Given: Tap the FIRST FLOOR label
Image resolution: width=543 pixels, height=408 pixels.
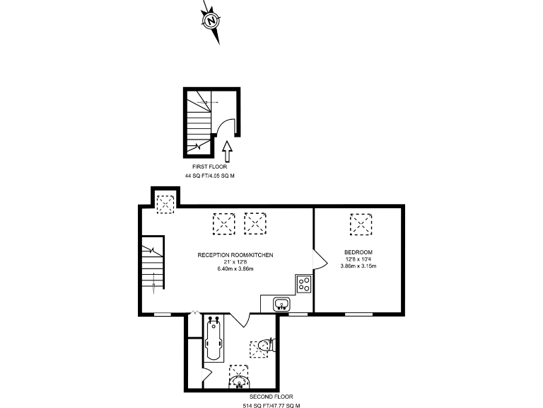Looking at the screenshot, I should (214, 166).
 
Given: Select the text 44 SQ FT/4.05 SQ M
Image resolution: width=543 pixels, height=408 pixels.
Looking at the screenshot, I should (214, 175).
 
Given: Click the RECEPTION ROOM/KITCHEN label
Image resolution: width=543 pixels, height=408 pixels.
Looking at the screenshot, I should (235, 254).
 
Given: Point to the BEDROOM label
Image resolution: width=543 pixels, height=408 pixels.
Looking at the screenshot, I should (358, 252).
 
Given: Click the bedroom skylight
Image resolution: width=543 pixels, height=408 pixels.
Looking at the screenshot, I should (361, 224).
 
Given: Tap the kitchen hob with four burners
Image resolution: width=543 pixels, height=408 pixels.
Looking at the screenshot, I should (305, 284).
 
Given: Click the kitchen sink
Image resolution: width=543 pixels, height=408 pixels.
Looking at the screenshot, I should (281, 305).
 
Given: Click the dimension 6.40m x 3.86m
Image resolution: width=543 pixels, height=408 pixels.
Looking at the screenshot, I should (235, 268).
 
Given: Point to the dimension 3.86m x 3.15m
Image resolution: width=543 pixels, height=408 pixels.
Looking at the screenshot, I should (358, 266).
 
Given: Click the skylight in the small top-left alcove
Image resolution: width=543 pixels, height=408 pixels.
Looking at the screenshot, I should (165, 204).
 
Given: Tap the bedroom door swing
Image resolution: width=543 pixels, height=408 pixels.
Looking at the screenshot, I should (317, 259).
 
